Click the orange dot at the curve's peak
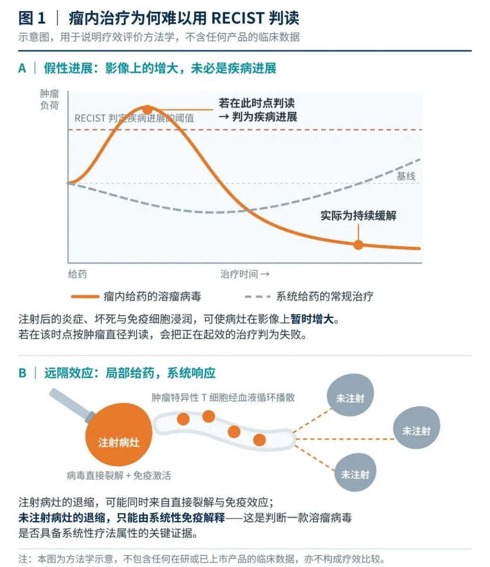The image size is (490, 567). tap(147, 110)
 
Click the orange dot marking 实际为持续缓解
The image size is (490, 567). tap(358, 244)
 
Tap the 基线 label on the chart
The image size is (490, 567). tap(406, 176)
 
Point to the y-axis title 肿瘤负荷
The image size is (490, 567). tap(50, 99)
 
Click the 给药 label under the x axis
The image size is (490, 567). tap(77, 274)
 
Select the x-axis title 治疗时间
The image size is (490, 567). tap(239, 274)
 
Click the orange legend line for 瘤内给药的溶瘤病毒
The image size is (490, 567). tap(85, 297)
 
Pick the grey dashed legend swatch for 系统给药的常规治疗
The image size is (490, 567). tap(258, 297)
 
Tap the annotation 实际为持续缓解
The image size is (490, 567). tap(358, 215)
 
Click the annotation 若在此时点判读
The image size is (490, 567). tap(257, 103)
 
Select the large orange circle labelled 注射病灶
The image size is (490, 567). tap(119, 434)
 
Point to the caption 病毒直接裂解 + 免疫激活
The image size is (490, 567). tap(119, 475)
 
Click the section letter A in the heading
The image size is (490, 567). tap(22, 69)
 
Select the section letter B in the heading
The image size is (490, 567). tap(23, 373)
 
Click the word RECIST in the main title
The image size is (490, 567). tap(238, 18)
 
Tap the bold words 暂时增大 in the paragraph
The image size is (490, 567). tap(312, 319)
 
